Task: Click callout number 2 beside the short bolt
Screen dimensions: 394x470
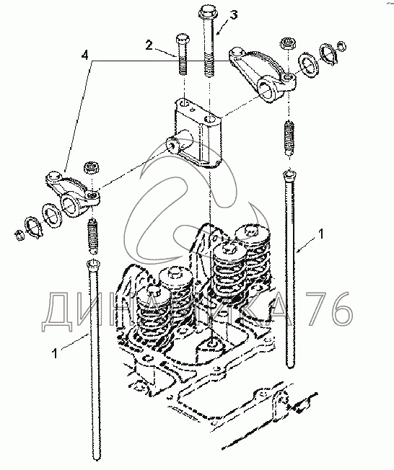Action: click(x=149, y=45)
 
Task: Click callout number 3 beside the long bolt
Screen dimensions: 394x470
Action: click(x=234, y=14)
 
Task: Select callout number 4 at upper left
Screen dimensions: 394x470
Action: click(x=85, y=56)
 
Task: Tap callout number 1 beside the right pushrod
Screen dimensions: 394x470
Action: click(x=320, y=234)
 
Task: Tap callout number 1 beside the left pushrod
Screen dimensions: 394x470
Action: click(x=54, y=353)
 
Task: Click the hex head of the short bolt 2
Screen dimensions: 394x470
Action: click(x=181, y=38)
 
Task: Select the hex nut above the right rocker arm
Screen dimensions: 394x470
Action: click(x=289, y=43)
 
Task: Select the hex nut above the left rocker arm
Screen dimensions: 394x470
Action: click(x=91, y=167)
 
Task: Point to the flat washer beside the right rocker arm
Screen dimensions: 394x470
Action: click(x=308, y=66)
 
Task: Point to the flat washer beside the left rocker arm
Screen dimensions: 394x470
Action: click(x=51, y=213)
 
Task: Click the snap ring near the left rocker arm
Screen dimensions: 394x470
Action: click(x=33, y=227)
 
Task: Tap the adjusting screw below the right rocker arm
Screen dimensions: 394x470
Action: click(x=289, y=138)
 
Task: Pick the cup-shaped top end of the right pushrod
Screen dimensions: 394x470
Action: click(x=289, y=174)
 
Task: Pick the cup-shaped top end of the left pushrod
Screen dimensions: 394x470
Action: click(x=93, y=265)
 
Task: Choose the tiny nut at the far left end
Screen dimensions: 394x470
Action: click(x=19, y=235)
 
